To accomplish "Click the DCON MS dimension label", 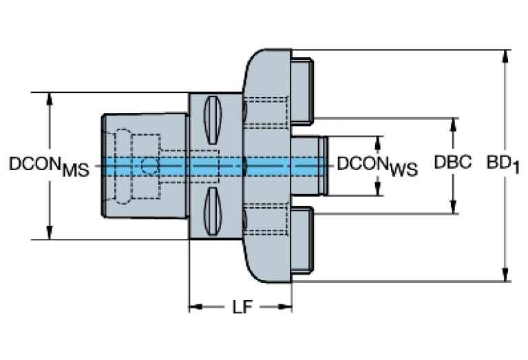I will (49, 166).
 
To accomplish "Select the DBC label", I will (452, 163).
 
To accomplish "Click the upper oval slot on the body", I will (213, 118).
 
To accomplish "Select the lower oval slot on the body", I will (213, 211).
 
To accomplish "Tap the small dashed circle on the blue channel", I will (149, 165).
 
